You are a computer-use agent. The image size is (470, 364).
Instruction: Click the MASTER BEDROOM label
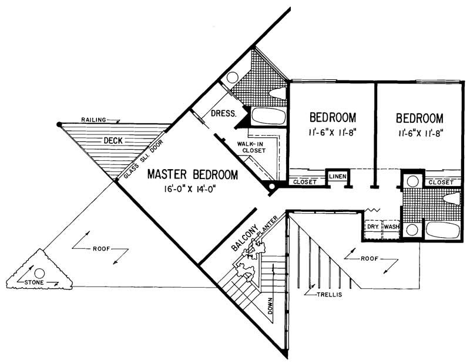pos(192,174)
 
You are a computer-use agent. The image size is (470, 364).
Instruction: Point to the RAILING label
pos(95,120)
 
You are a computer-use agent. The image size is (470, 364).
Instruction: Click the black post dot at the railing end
pos(59,124)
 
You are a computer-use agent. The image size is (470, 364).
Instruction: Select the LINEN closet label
pos(337,176)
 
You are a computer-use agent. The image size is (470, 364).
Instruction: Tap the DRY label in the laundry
pos(372,225)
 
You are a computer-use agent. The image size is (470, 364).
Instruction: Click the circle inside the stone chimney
pos(39,273)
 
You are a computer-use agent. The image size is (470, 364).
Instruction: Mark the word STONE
pos(35,283)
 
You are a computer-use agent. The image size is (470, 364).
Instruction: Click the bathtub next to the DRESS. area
pos(268,116)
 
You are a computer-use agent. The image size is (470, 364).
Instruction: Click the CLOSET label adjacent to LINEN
pos(305,182)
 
